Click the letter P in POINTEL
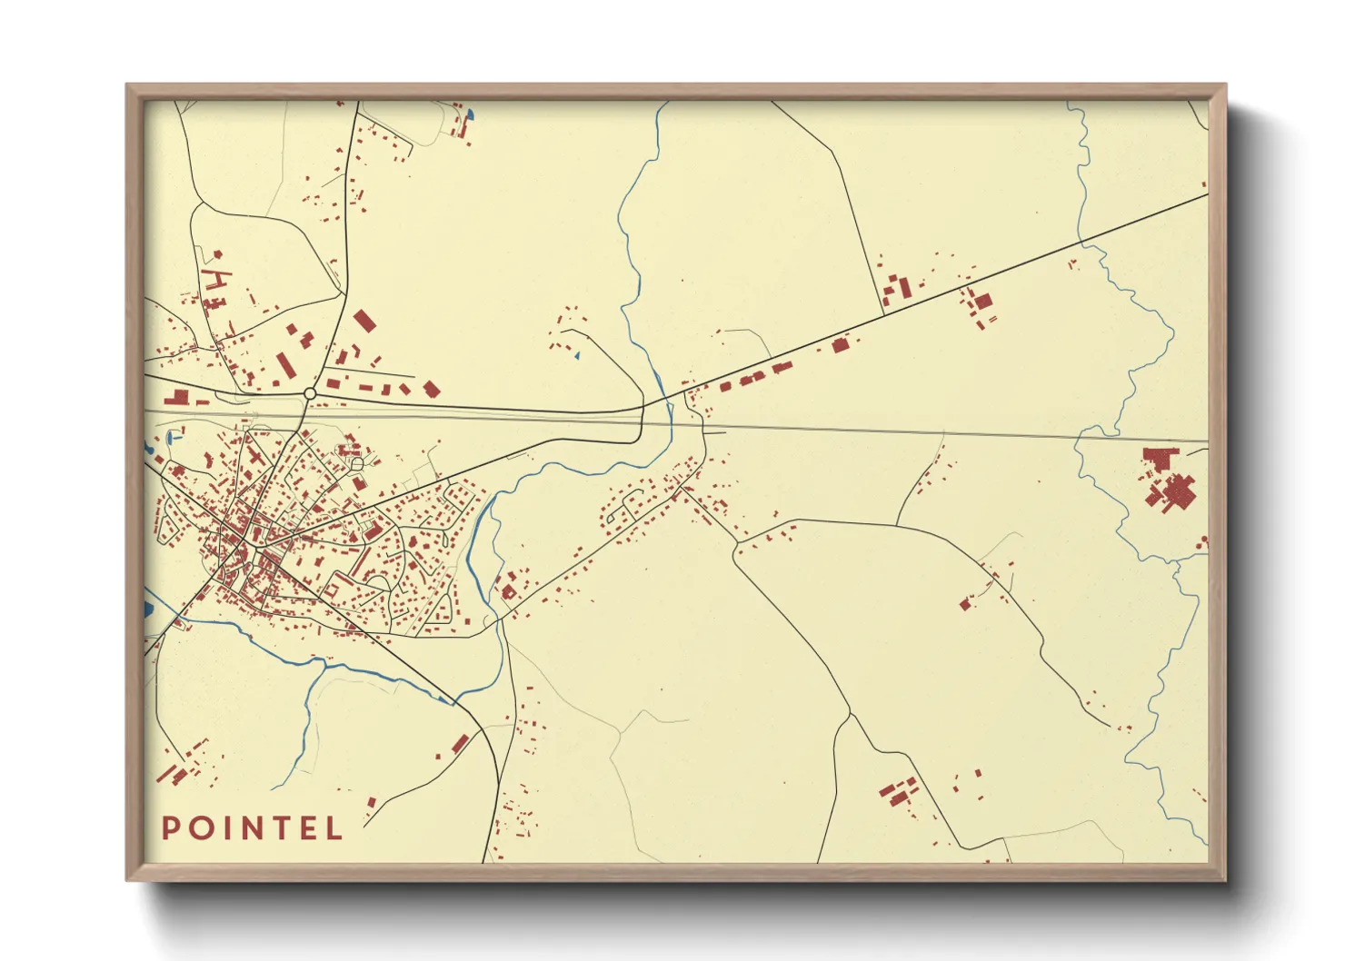tap(170, 828)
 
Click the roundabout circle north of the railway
tap(310, 394)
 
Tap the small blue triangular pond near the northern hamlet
tap(576, 355)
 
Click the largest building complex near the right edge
tap(1170, 481)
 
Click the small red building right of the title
tap(371, 802)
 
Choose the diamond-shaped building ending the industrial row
tap(432, 390)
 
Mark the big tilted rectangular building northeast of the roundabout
tap(364, 321)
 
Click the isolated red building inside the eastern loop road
tap(965, 604)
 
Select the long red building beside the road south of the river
tap(460, 744)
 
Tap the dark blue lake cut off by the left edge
tap(149, 606)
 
